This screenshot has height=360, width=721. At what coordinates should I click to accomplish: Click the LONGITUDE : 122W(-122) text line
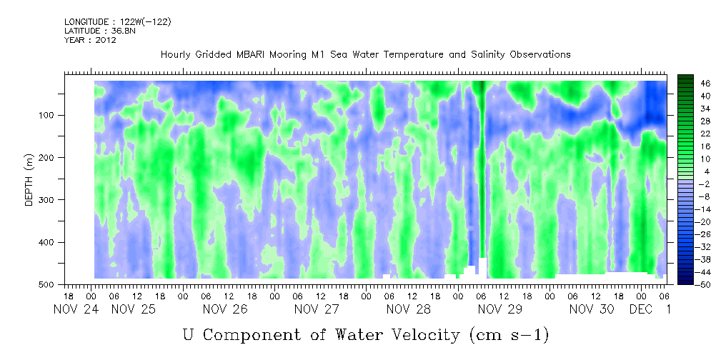pyautogui.click(x=117, y=22)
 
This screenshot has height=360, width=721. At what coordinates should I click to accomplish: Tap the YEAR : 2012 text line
pyautogui.click(x=90, y=40)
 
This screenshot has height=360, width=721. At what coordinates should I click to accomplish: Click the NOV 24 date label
pyautogui.click(x=75, y=309)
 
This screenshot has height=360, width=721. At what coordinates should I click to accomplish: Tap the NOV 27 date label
pyautogui.click(x=317, y=309)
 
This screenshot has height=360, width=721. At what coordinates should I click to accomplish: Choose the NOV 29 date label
pyautogui.click(x=500, y=309)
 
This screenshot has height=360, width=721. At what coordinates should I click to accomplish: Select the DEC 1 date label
pyautogui.click(x=652, y=309)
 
